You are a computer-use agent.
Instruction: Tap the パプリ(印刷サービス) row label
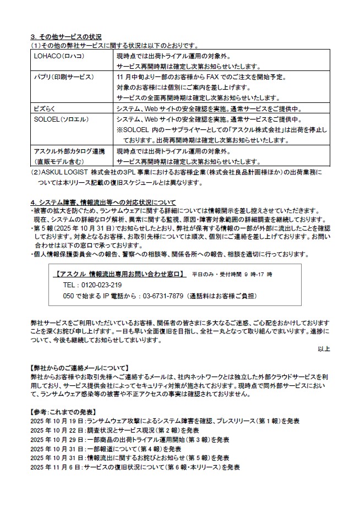(x=64, y=77)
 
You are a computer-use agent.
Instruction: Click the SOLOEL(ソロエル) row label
(x=61, y=119)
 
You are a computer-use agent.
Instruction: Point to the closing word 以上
(x=324, y=349)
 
